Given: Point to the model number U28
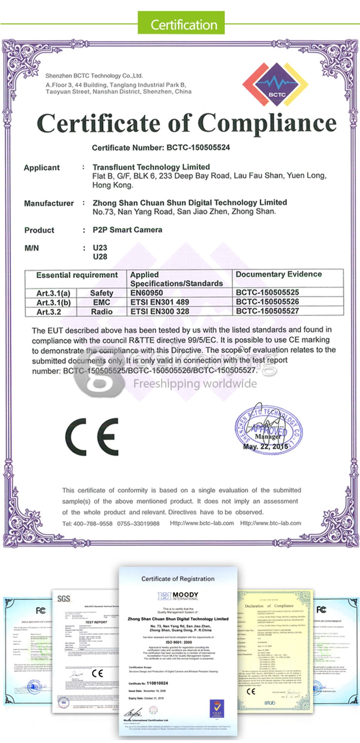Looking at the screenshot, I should pyautogui.click(x=99, y=256).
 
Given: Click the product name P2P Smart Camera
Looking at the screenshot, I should pyautogui.click(x=127, y=230).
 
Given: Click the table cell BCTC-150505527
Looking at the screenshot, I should pyautogui.click(x=268, y=311).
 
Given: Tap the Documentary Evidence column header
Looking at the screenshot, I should pyautogui.click(x=279, y=274).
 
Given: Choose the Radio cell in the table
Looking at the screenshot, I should pyautogui.click(x=102, y=311).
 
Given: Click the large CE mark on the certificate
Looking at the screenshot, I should pyautogui.click(x=92, y=436).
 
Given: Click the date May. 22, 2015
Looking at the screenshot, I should pyautogui.click(x=265, y=447).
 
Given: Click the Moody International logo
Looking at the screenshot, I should pyautogui.click(x=178, y=596).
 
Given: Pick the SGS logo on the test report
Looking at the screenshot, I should pyautogui.click(x=64, y=598).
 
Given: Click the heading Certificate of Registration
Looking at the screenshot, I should pyautogui.click(x=178, y=579).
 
